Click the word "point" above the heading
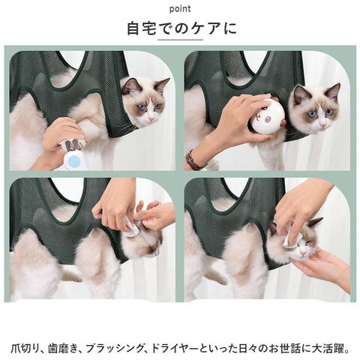[180, 9]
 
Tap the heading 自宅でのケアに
[181, 28]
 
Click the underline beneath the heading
[180, 40]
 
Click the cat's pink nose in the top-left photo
[151, 118]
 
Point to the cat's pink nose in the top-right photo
[323, 124]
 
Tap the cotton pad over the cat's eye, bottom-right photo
[289, 238]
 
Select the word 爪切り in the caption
[25, 349]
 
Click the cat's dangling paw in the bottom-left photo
[72, 277]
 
